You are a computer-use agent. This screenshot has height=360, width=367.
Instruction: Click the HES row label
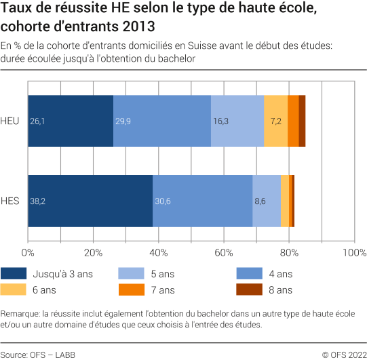click(x=10, y=201)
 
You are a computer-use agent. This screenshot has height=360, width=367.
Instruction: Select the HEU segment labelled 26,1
click(x=71, y=121)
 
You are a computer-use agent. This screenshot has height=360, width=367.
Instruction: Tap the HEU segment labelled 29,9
click(x=162, y=121)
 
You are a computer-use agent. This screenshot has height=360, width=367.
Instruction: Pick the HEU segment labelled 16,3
click(x=237, y=121)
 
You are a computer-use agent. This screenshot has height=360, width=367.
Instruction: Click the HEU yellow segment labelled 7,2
click(x=275, y=121)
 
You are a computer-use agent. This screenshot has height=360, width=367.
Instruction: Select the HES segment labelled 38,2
click(x=90, y=201)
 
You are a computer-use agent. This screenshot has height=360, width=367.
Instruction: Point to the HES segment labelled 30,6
click(x=202, y=201)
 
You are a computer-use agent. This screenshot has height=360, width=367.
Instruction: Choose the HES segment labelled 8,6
click(x=267, y=201)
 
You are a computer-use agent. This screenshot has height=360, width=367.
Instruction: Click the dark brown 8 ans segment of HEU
click(x=302, y=121)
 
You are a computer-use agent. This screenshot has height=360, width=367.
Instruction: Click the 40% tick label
click(x=158, y=252)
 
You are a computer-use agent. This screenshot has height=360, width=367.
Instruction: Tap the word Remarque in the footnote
click(x=20, y=313)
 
